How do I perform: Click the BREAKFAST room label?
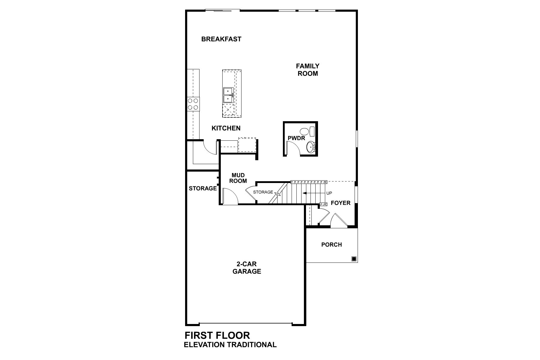[221, 39]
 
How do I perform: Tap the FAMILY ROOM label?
[307, 70]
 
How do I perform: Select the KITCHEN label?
[226, 128]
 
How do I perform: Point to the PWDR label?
[296, 138]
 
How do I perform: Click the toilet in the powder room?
[307, 131]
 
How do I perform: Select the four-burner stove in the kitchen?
[193, 104]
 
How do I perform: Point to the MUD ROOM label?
[238, 178]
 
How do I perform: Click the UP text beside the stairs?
[329, 193]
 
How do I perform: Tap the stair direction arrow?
[313, 193]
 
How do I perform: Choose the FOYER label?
[340, 203]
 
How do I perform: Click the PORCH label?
[331, 245]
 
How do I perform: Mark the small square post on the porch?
[354, 259]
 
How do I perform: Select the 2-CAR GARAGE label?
[247, 268]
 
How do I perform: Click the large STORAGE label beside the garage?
[202, 188]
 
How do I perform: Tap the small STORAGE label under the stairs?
[263, 192]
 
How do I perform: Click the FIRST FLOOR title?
[217, 335]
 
